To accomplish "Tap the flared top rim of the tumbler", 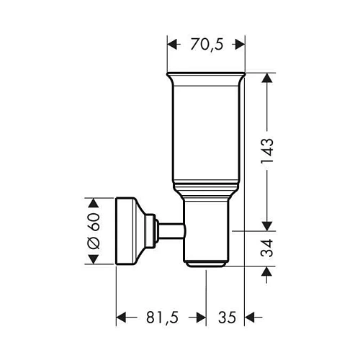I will click(x=206, y=76).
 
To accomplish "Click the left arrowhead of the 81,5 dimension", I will click(x=122, y=316).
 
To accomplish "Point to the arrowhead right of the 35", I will click(x=250, y=316).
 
